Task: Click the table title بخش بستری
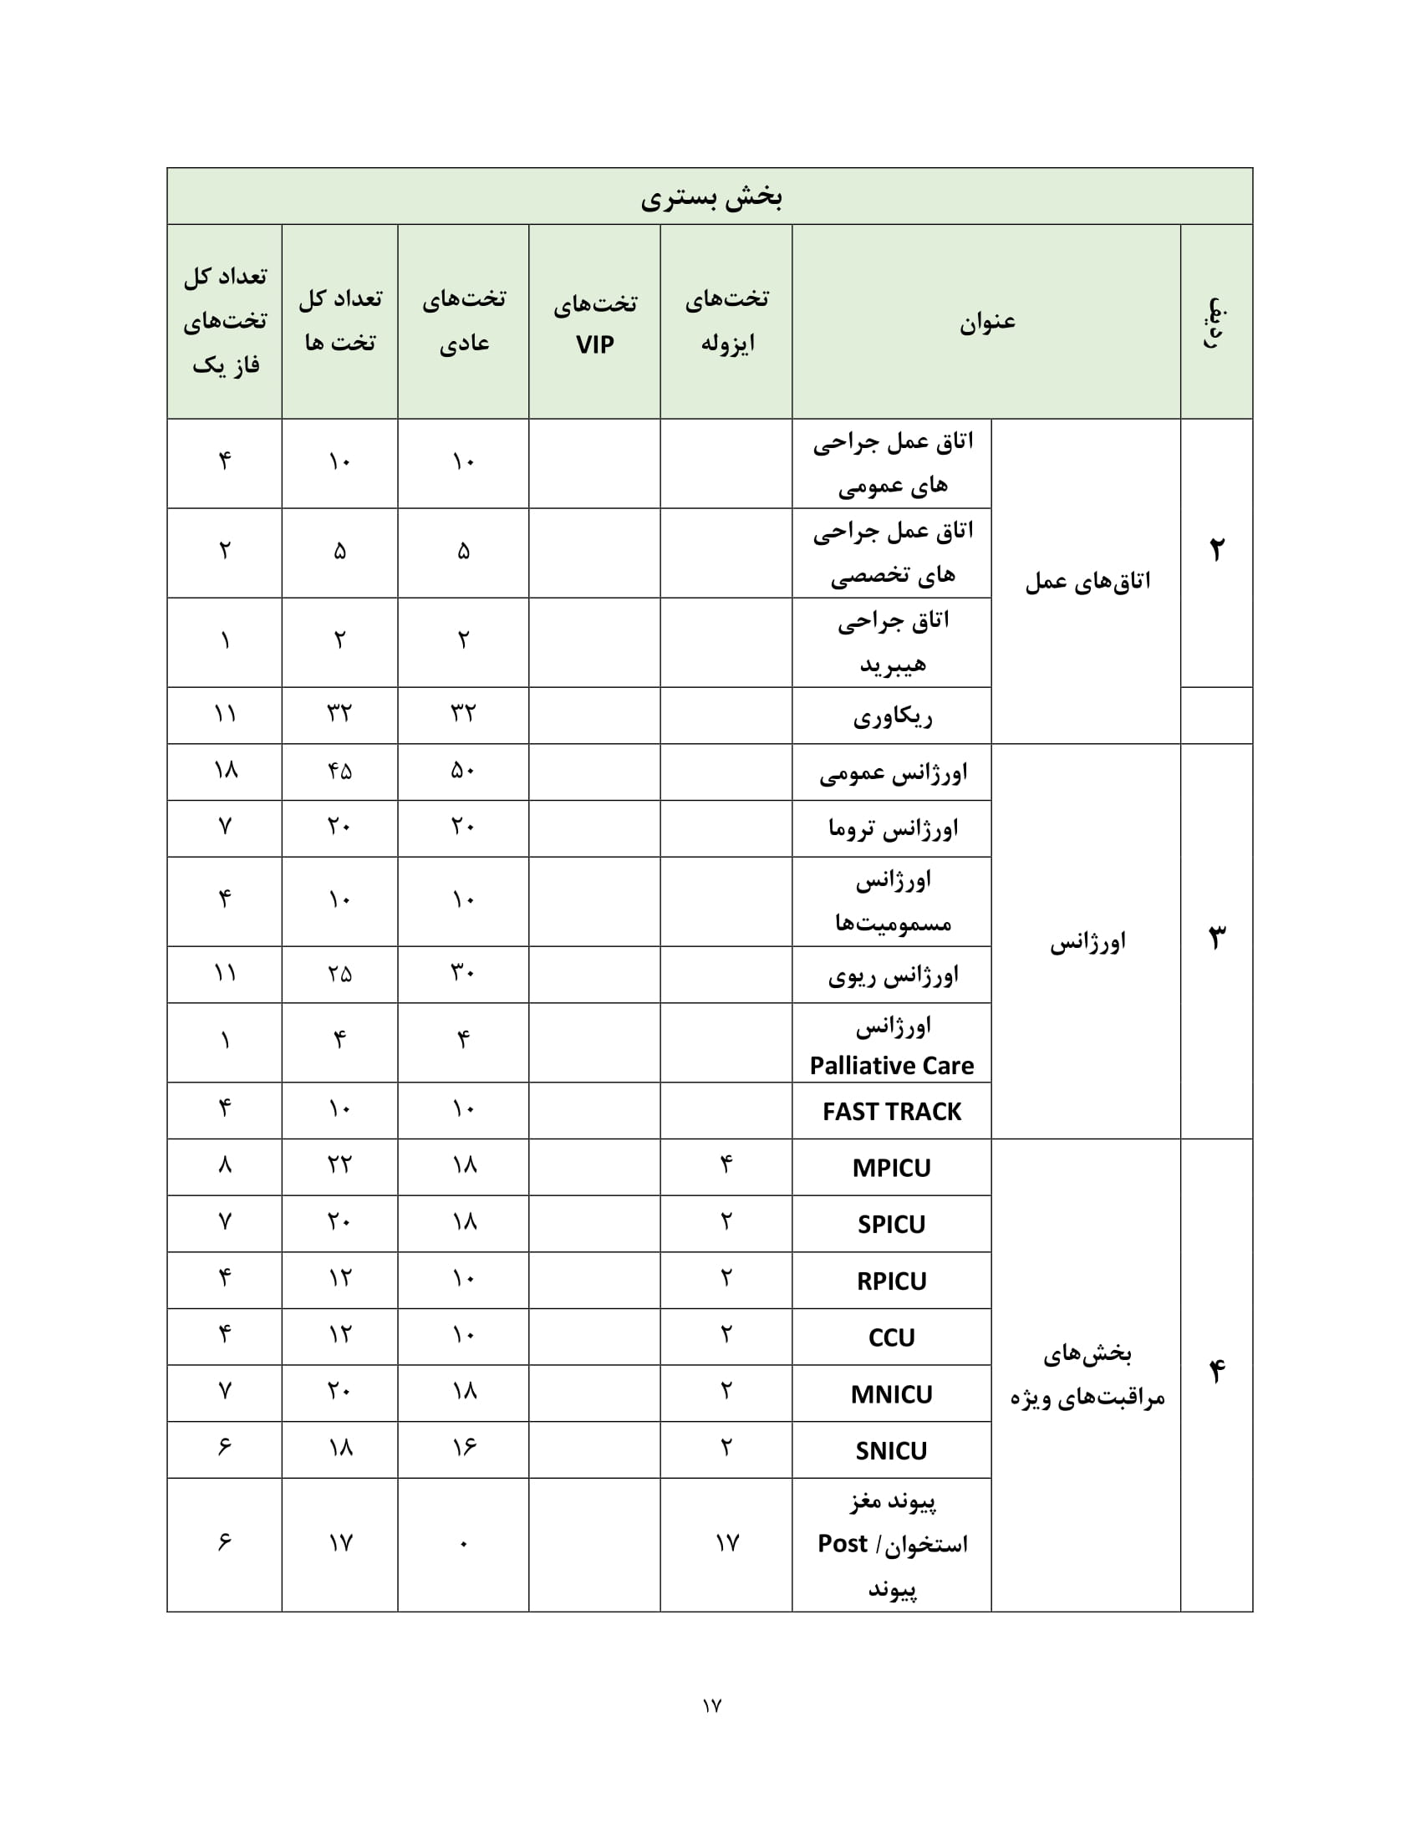pyautogui.click(x=710, y=197)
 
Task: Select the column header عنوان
pyautogui.click(x=986, y=322)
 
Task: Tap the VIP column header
pyautogui.click(x=594, y=323)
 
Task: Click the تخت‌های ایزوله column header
pyautogui.click(x=726, y=321)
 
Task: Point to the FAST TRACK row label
pyautogui.click(x=891, y=1112)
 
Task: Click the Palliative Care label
pyautogui.click(x=891, y=1066)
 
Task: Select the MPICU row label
pyautogui.click(x=891, y=1168)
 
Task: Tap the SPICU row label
pyautogui.click(x=891, y=1225)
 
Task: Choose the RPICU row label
pyautogui.click(x=891, y=1281)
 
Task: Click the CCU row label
pyautogui.click(x=891, y=1337)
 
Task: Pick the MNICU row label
pyautogui.click(x=891, y=1394)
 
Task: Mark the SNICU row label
pyautogui.click(x=891, y=1451)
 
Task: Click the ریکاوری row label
pyautogui.click(x=893, y=716)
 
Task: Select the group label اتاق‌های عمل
pyautogui.click(x=1087, y=581)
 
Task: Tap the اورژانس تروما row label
pyautogui.click(x=893, y=828)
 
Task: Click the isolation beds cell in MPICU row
pyautogui.click(x=726, y=1167)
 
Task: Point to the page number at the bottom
pyautogui.click(x=711, y=1706)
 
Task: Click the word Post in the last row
pyautogui.click(x=842, y=1544)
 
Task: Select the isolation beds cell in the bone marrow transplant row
pyautogui.click(x=726, y=1543)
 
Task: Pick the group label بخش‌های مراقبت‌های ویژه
pyautogui.click(x=1087, y=1376)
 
